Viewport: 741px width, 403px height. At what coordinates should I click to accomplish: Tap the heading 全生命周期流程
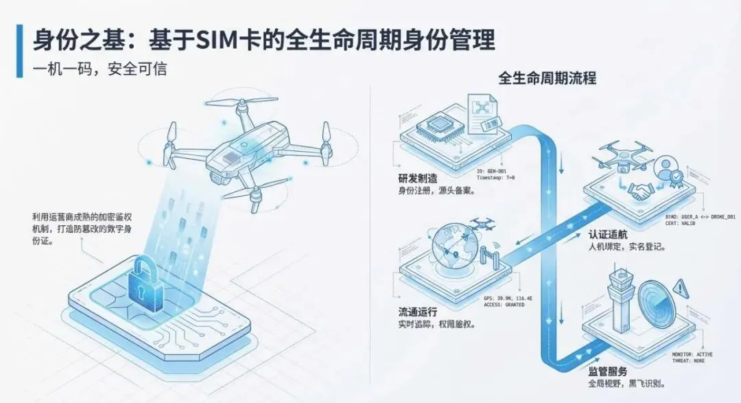[x=547, y=78]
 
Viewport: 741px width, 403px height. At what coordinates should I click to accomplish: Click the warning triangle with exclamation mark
[x=680, y=287]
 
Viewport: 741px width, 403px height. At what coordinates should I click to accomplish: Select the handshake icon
[x=642, y=193]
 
